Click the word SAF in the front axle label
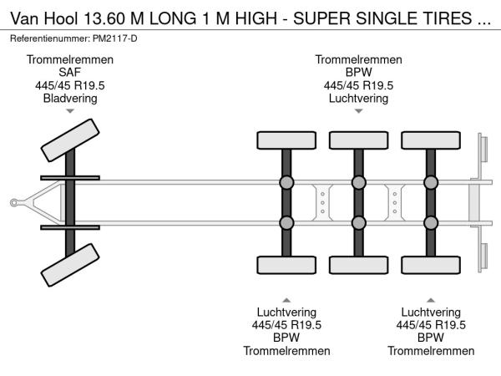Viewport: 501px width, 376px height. (x=70, y=73)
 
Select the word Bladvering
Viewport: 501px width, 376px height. (x=70, y=98)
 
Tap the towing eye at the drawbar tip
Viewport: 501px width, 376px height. (x=14, y=202)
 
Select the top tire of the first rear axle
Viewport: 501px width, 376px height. (x=286, y=140)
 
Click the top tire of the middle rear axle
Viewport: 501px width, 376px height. (x=358, y=140)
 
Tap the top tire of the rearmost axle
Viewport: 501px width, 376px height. (x=430, y=140)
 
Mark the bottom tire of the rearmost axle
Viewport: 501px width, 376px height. (x=430, y=266)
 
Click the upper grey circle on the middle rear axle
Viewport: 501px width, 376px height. (x=358, y=183)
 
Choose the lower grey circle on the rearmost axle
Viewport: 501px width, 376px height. (x=430, y=222)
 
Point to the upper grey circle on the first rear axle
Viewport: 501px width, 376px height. (x=286, y=183)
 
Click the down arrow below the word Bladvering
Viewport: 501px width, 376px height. (x=70, y=110)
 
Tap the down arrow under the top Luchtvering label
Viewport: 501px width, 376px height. (x=358, y=110)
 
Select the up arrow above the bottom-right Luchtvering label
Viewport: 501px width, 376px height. (x=430, y=299)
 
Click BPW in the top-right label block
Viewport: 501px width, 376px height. (x=358, y=73)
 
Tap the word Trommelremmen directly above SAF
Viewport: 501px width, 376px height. (x=70, y=60)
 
